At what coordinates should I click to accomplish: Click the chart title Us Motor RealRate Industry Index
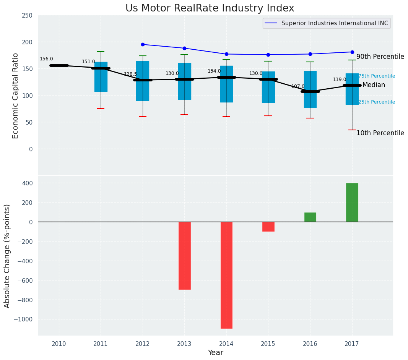(210, 8)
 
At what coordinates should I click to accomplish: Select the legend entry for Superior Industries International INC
(334, 23)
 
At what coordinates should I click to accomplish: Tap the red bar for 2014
(226, 275)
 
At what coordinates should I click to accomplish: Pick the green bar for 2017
(352, 202)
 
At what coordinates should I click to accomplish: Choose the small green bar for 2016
(310, 217)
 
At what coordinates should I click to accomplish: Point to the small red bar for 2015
(268, 227)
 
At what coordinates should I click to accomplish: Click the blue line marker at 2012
(143, 44)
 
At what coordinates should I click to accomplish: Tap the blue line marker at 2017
(352, 52)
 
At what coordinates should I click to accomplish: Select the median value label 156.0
(46, 59)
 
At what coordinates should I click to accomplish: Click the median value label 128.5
(130, 74)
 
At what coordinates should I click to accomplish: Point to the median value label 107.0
(298, 86)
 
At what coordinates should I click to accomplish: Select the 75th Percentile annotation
(376, 76)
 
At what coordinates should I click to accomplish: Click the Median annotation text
(374, 85)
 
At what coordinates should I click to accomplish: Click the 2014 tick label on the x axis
(226, 344)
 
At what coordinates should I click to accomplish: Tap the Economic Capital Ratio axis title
(16, 96)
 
